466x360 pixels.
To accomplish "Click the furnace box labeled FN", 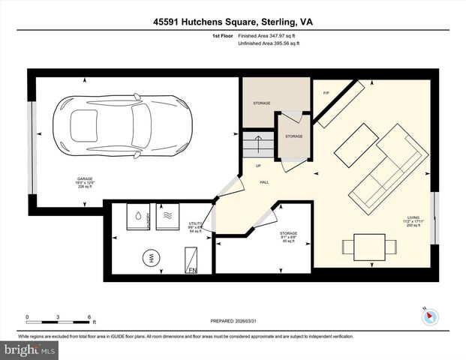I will (191, 259).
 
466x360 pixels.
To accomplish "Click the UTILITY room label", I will (196, 226).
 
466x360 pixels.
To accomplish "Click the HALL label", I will (265, 181).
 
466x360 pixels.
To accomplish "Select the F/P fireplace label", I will (326, 93).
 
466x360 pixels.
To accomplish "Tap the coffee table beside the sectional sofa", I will (356, 146).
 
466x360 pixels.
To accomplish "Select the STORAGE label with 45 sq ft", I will (288, 237).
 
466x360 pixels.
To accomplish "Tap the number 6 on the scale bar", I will (89, 317).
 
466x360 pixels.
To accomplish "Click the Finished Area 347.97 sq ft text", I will (269, 35).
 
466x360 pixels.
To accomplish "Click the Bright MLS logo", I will (30, 350).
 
